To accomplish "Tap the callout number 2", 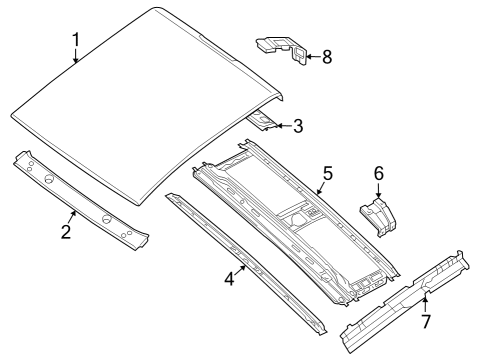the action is [x=66, y=232].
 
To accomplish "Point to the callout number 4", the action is [x=229, y=279].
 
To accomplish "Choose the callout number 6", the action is [x=378, y=173].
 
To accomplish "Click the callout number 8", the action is [x=325, y=56].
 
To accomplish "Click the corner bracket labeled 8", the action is [x=282, y=48].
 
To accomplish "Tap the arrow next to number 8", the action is [x=309, y=57].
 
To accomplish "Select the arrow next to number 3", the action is [x=282, y=126].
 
